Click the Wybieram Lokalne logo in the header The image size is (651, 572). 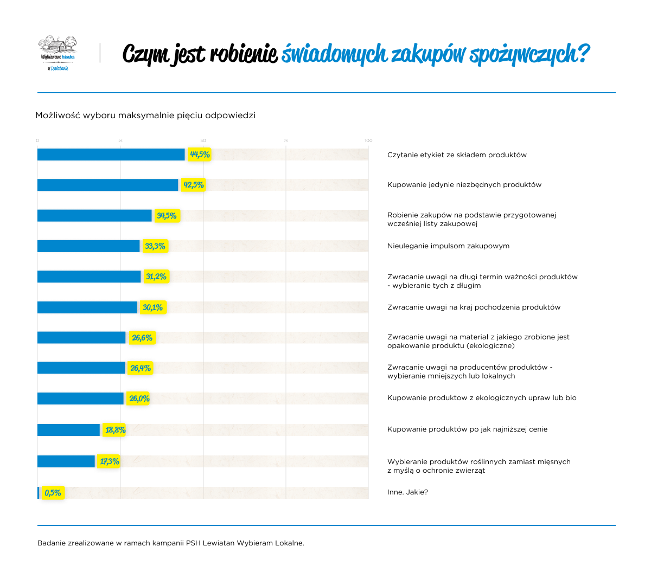tap(58, 53)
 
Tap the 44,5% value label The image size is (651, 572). tap(200, 155)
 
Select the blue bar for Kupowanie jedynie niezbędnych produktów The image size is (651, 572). tap(107, 185)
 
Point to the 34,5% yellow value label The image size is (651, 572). tap(167, 216)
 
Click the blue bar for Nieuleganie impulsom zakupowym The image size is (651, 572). tap(88, 246)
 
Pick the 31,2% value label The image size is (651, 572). tap(156, 277)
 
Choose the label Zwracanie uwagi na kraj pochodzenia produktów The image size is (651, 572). tap(474, 307)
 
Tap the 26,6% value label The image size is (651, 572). tap(142, 338)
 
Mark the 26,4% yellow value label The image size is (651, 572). tap(141, 368)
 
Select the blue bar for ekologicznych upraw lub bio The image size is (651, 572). tap(80, 399)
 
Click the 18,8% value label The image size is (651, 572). tap(115, 430)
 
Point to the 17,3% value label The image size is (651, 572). tap(110, 461)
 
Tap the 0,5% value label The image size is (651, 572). tap(53, 493)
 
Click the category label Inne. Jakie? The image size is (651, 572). tap(407, 492)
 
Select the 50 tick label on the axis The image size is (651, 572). tap(203, 140)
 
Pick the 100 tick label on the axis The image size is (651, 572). tap(368, 140)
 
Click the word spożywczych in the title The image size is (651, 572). tap(528, 54)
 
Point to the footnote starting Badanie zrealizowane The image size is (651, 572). tap(171, 543)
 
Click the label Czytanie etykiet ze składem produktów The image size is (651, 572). tap(457, 155)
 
